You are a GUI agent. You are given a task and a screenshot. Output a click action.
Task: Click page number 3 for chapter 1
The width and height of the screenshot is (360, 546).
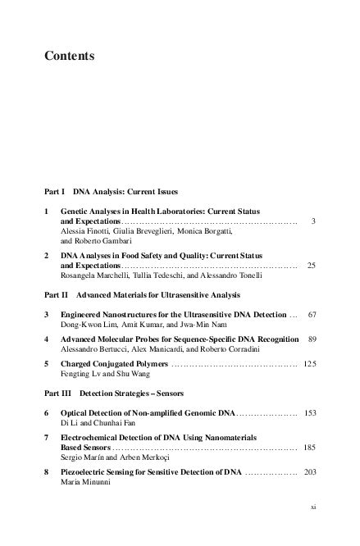coord(313,221)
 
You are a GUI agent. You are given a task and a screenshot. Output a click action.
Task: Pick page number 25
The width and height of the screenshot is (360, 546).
coord(311,266)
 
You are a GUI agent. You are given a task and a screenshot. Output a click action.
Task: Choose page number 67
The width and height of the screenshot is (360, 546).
coord(311,315)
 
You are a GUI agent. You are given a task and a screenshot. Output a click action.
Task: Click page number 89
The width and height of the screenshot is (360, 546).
coord(312,339)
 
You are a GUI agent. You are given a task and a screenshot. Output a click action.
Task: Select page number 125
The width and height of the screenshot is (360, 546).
coord(309,362)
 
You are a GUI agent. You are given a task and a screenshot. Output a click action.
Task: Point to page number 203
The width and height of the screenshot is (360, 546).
coord(309,472)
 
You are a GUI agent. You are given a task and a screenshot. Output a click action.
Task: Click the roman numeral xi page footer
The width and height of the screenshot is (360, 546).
coord(313,507)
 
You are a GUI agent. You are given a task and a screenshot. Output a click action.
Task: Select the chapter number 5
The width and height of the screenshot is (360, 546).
coord(47,362)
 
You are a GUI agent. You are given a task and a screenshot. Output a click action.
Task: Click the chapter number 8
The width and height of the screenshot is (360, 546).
coord(47,472)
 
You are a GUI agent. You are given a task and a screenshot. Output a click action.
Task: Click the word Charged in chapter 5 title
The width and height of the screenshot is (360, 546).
coord(75,362)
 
